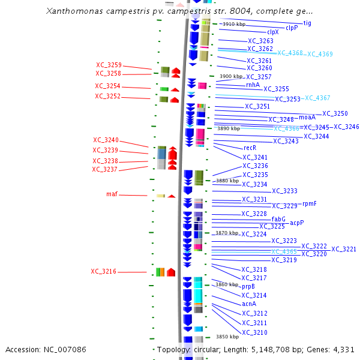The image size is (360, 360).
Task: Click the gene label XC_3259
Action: click(x=109, y=65)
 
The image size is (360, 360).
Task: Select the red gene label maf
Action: click(x=112, y=194)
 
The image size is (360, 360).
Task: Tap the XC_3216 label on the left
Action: click(x=103, y=271)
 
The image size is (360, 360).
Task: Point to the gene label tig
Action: click(x=307, y=23)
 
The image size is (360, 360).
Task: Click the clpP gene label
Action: click(x=292, y=28)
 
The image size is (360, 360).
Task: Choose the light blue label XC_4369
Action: click(x=320, y=54)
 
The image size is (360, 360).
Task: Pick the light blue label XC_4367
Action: click(x=317, y=98)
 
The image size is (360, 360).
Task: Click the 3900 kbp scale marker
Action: click(x=231, y=77)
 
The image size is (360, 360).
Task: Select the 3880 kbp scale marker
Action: click(x=227, y=181)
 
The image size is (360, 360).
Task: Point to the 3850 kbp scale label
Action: click(x=227, y=337)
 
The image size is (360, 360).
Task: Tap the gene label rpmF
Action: click(x=309, y=203)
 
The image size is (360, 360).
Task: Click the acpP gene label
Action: click(x=297, y=223)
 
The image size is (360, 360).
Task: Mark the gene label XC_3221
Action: click(x=344, y=249)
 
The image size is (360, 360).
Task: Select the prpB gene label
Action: click(x=248, y=286)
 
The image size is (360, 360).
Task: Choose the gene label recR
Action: click(x=250, y=148)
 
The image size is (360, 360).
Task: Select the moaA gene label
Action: click(x=307, y=117)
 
